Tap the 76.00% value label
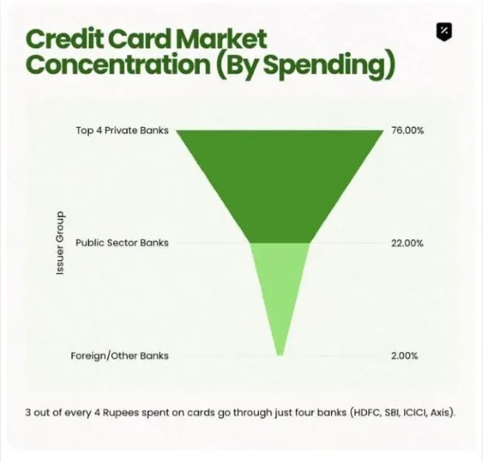[x=407, y=130]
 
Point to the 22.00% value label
[x=407, y=243]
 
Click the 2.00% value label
[x=405, y=356]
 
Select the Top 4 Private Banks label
[x=122, y=130]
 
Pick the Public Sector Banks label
[x=122, y=243]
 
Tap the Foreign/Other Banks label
[x=119, y=356]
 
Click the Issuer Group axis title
[x=60, y=243]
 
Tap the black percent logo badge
[x=444, y=31]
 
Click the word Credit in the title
[x=64, y=39]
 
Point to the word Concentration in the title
[x=118, y=65]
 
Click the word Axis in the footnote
[x=440, y=412]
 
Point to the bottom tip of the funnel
[x=280, y=356]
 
